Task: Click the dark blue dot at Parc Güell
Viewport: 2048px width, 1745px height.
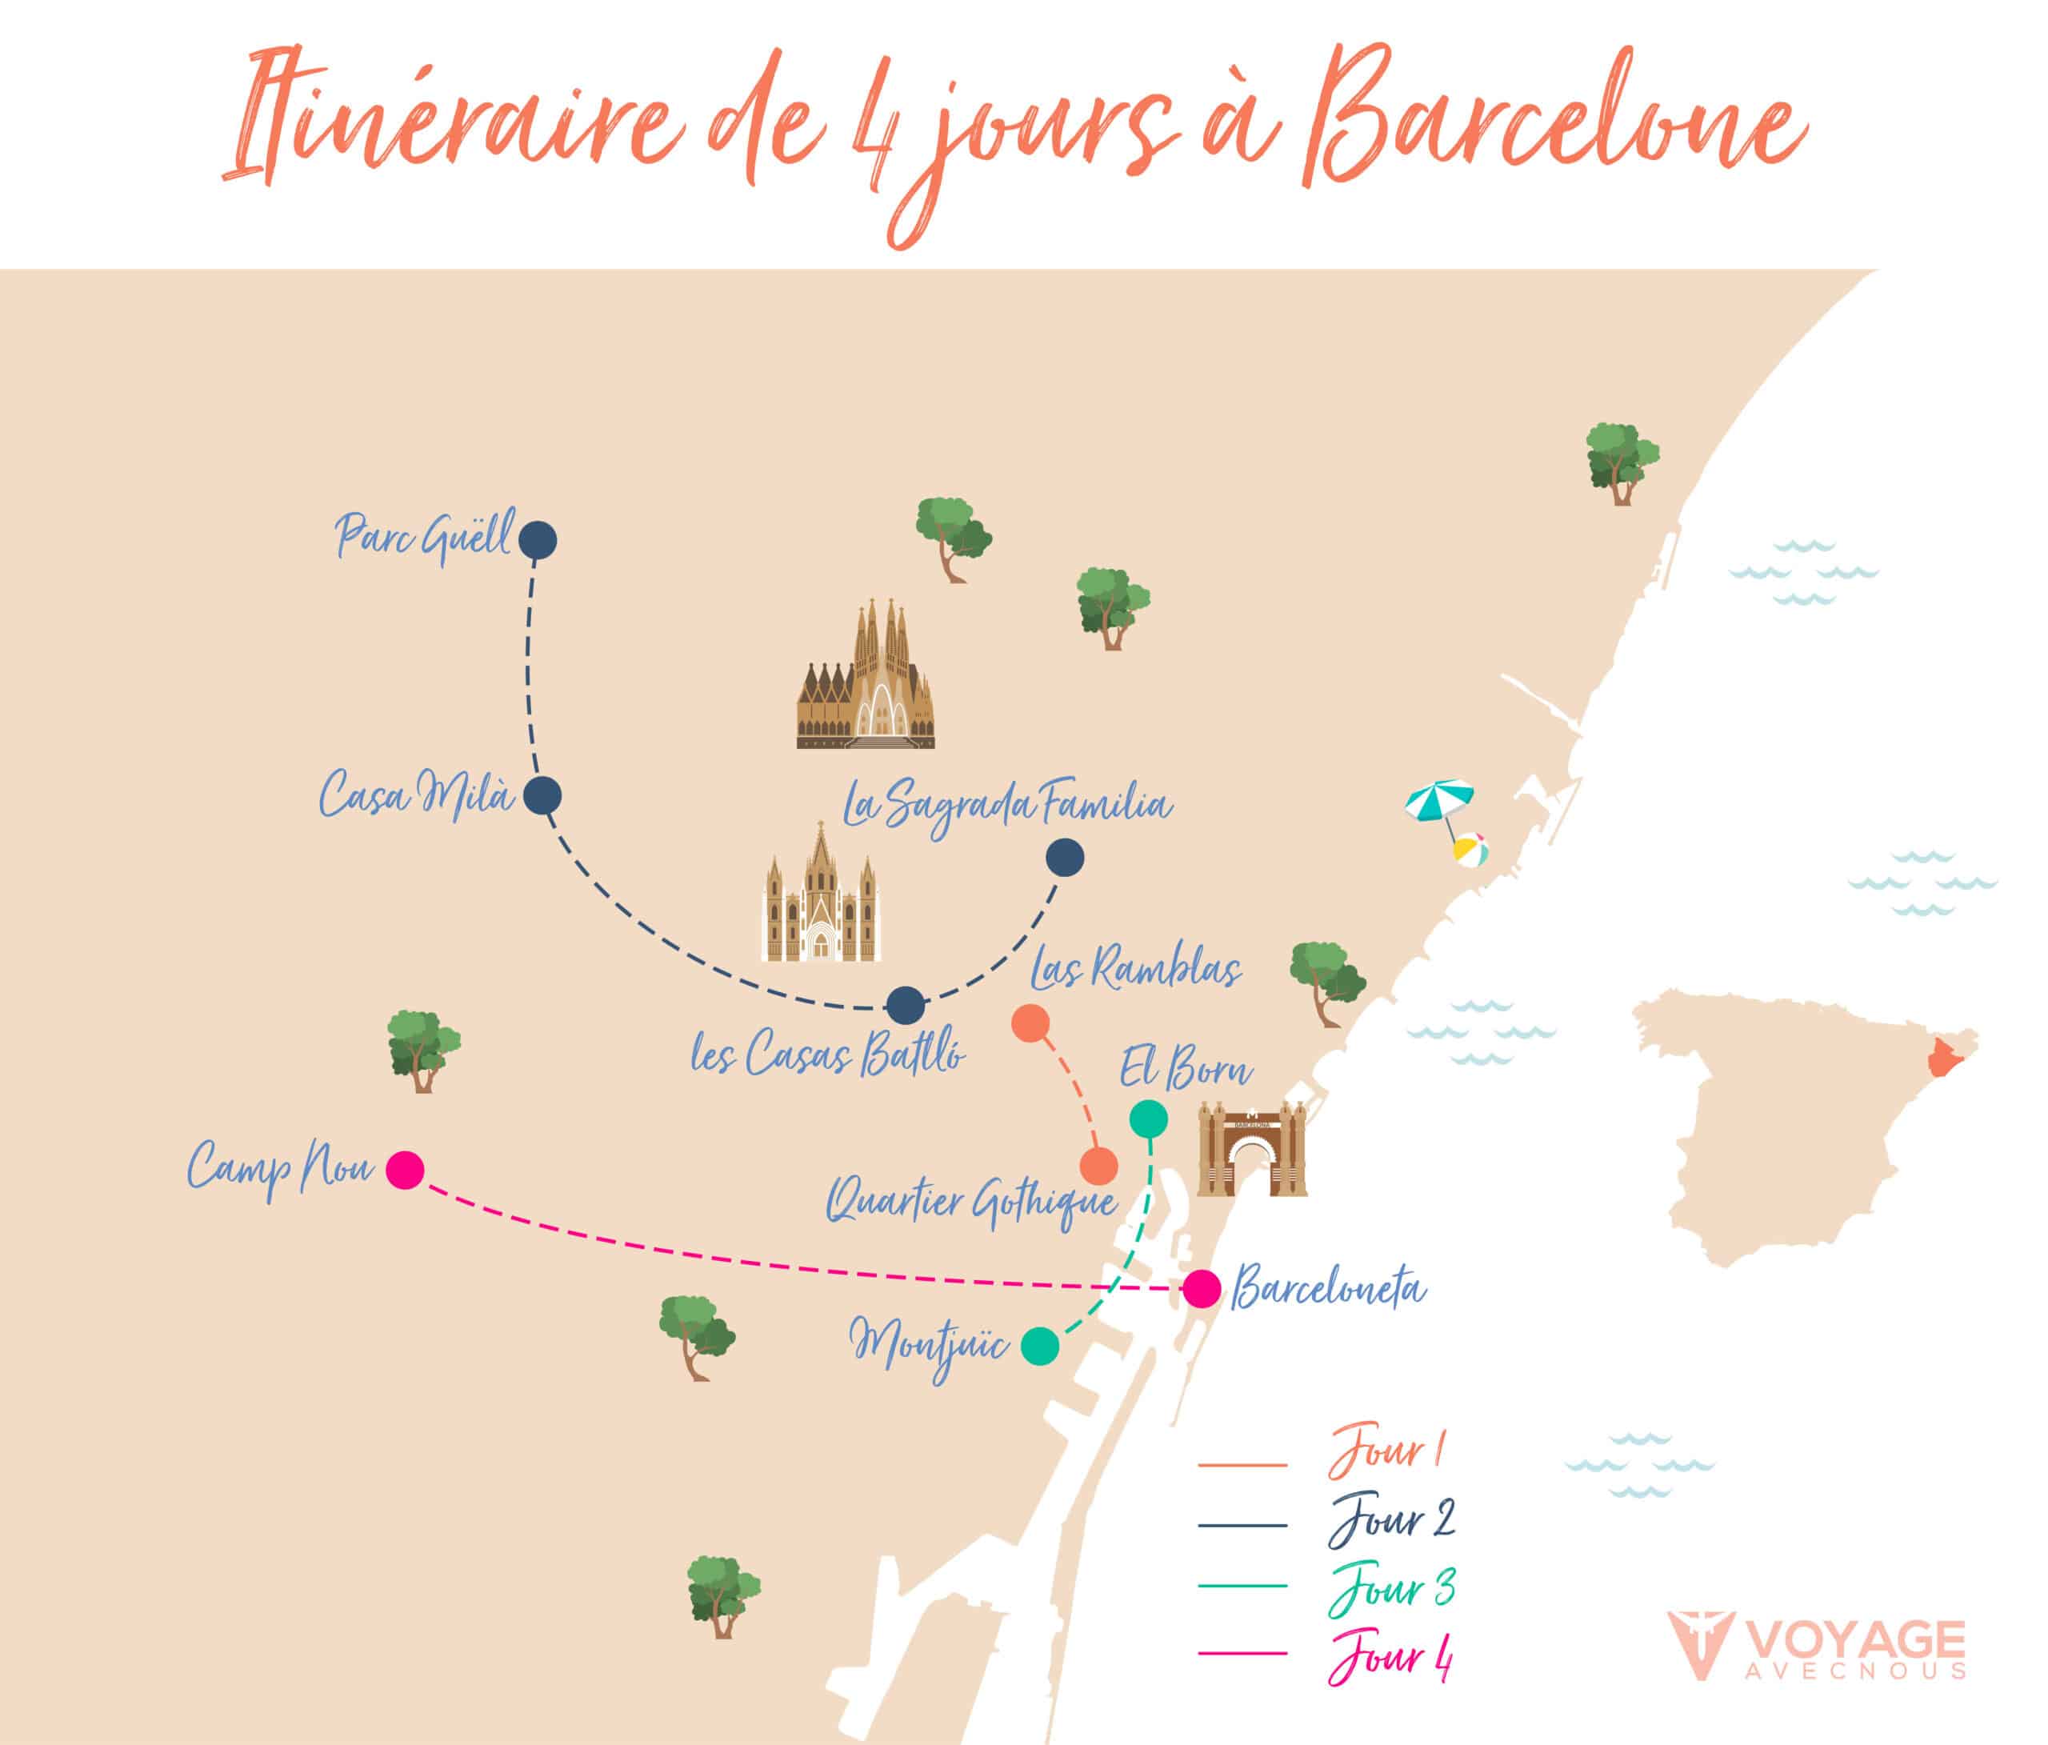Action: coord(538,541)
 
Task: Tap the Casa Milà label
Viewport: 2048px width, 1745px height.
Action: coord(416,794)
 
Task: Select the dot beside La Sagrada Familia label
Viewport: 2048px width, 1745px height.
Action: coord(1065,857)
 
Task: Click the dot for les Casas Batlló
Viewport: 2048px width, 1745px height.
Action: coord(906,1006)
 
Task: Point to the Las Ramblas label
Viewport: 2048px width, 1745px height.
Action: coord(1134,970)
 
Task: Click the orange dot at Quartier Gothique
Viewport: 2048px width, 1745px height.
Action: coord(1098,1167)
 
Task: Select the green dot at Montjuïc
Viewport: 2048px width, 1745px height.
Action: coord(1040,1347)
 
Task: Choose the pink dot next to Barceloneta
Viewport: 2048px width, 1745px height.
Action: coord(1202,1289)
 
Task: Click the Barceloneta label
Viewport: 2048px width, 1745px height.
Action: coord(1327,1289)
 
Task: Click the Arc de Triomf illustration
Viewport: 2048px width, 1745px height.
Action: coord(1252,1149)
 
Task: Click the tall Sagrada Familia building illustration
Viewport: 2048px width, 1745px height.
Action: coord(867,676)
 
